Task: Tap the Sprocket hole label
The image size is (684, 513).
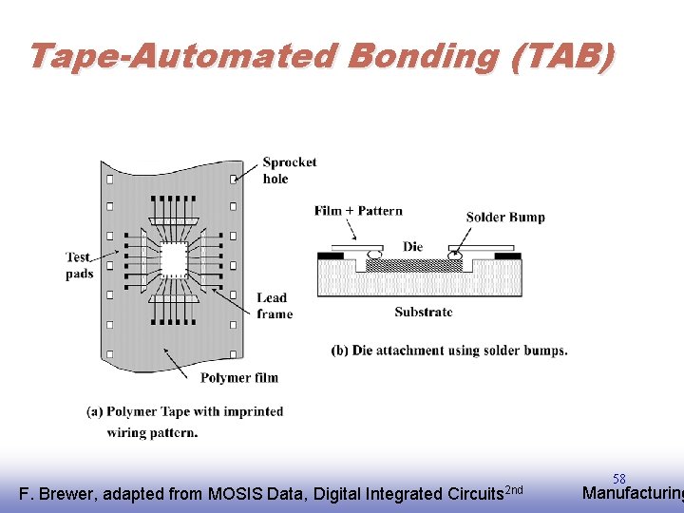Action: coord(289,170)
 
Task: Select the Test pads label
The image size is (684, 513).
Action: coord(80,266)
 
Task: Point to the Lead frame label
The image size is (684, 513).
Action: coord(274,306)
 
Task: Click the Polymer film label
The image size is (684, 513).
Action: coord(238,377)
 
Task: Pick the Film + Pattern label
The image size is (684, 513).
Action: coord(358,211)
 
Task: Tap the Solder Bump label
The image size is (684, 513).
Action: coord(505,217)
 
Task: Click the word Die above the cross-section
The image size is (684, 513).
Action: coord(412,246)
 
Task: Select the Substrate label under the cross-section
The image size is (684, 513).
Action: coord(423,311)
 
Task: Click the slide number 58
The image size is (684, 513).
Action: coord(618,479)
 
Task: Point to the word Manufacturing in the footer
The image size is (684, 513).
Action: coord(632,493)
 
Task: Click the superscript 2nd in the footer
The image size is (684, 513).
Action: coord(513,489)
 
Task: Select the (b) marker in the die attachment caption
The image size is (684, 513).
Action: coord(340,351)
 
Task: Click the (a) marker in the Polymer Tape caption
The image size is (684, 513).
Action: coord(95,411)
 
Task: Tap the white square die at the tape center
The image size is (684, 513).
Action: coord(174,258)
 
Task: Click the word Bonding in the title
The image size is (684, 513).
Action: coord(424,57)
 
